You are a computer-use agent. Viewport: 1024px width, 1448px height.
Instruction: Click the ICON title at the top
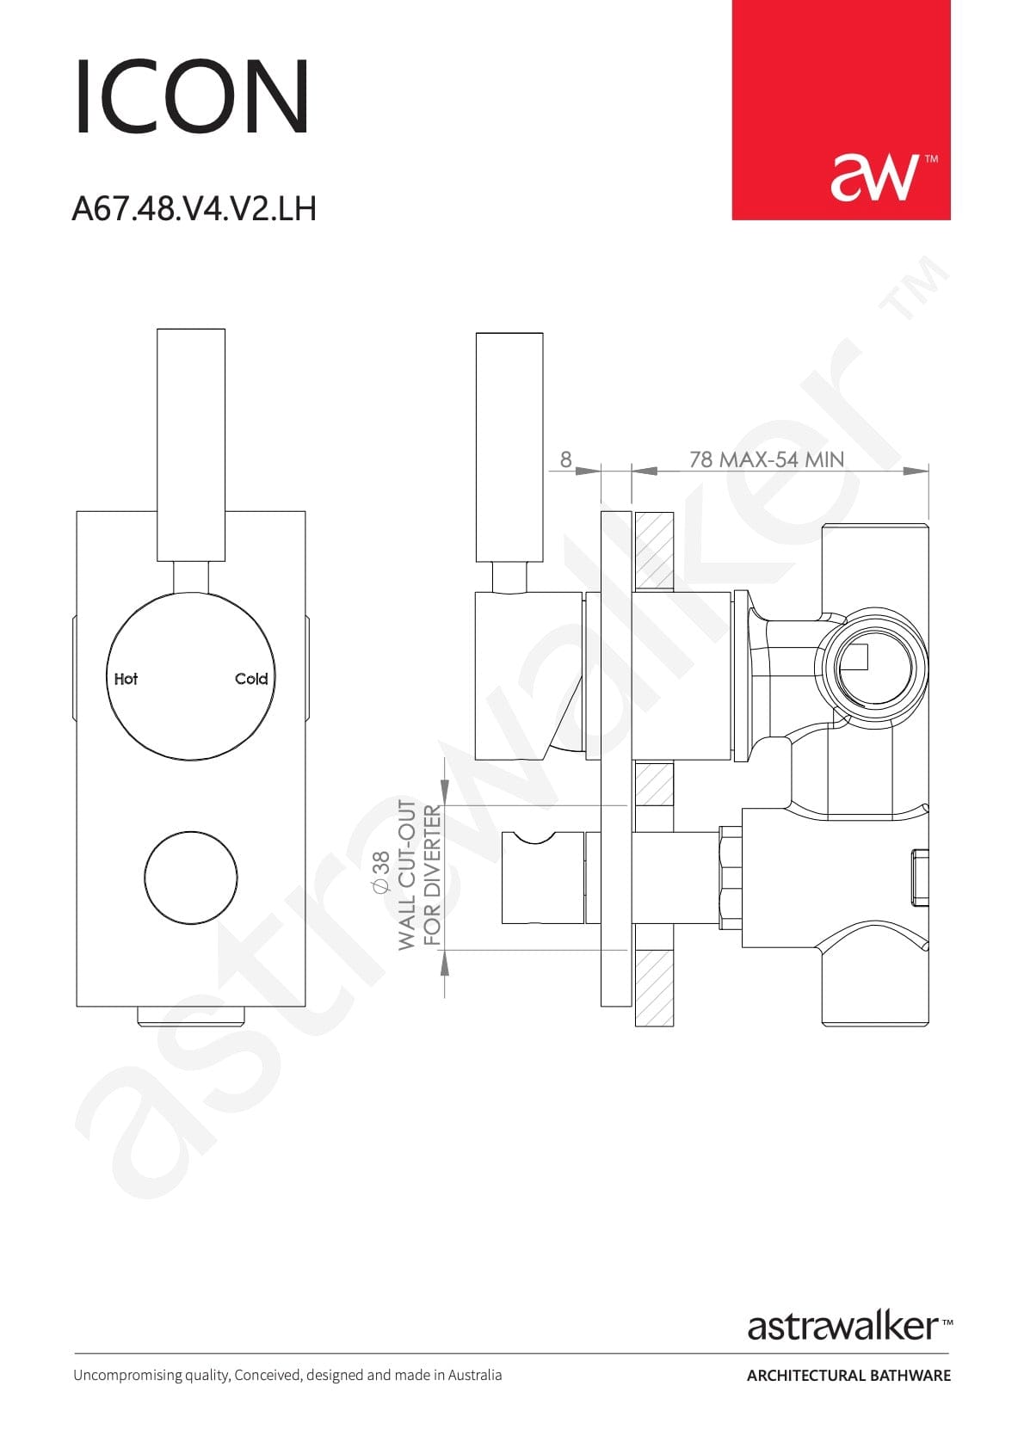(x=192, y=96)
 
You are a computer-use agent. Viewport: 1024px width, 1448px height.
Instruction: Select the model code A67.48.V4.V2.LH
(x=194, y=209)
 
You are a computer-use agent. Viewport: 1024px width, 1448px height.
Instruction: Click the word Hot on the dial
(x=126, y=679)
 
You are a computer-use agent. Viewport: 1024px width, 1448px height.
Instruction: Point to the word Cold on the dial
(x=250, y=679)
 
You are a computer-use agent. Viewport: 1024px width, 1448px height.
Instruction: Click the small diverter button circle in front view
(x=191, y=878)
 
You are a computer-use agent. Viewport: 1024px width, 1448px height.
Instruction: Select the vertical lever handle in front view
(x=191, y=445)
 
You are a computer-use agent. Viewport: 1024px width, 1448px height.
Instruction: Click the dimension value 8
(x=565, y=459)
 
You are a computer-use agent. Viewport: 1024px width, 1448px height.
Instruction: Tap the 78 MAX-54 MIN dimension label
(x=767, y=459)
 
